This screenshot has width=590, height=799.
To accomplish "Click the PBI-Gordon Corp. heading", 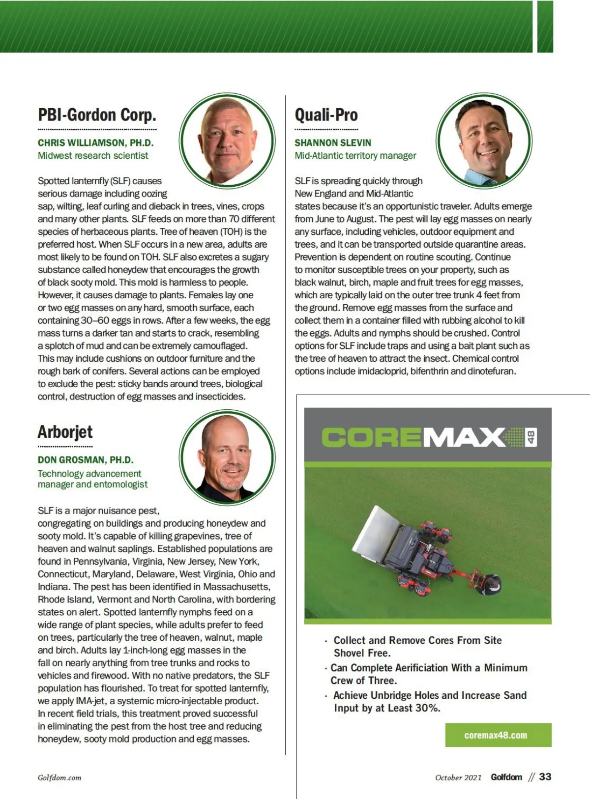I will [97, 115].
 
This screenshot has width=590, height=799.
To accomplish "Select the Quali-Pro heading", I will [326, 115].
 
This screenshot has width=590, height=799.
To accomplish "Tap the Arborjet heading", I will [65, 432].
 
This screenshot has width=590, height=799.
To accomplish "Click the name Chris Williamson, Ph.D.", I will [96, 143].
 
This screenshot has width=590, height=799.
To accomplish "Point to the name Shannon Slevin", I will [333, 143].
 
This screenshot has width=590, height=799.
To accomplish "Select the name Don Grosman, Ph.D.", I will [86, 460].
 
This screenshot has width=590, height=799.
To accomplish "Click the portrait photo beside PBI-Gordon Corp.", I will [227, 140].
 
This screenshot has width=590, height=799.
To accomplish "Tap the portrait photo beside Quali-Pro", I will [484, 140].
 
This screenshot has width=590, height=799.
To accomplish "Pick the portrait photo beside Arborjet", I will [227, 457].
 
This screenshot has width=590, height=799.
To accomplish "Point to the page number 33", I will [545, 777].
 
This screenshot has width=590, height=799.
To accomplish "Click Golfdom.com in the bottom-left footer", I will [59, 777].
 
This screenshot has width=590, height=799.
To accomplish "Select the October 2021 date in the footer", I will [458, 777].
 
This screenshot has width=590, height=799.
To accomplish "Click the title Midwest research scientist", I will [93, 156].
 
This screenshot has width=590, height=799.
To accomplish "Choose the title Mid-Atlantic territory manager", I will [355, 156].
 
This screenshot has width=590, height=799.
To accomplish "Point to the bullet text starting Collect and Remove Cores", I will [417, 646].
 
